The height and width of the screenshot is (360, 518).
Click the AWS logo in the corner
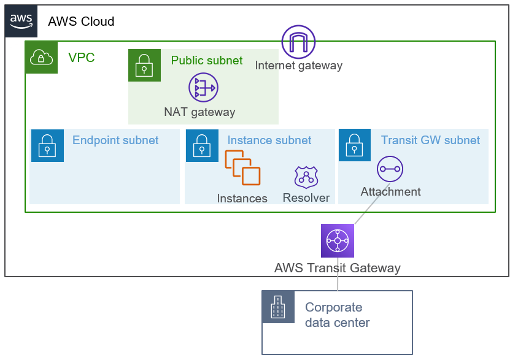tap(21, 21)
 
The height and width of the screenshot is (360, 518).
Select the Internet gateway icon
tap(298, 42)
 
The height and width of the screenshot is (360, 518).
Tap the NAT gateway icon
tap(203, 88)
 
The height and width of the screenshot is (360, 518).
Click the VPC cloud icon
tap(41, 58)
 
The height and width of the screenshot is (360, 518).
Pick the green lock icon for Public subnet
tap(144, 65)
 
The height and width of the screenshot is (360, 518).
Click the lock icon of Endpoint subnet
tap(47, 145)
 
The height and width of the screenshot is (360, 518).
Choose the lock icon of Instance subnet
tap(202, 145)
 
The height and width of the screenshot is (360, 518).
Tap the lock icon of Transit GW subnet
tap(355, 145)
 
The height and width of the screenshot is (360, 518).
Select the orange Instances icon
tap(242, 167)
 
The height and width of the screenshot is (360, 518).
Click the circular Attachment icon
tap(390, 169)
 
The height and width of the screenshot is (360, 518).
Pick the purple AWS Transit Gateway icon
tap(338, 240)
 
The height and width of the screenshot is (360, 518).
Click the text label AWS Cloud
tap(81, 21)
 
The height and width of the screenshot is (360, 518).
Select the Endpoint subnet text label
tap(115, 140)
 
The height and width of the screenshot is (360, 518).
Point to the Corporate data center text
tap(337, 315)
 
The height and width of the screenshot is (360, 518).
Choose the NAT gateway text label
tap(199, 112)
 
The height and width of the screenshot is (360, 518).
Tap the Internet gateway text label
tap(298, 66)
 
